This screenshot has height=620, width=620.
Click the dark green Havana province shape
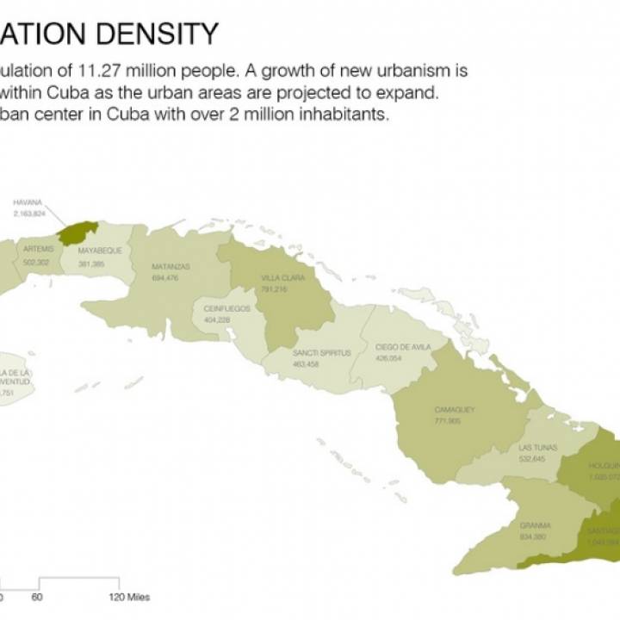tap(77, 232)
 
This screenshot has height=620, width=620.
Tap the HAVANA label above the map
tap(28, 202)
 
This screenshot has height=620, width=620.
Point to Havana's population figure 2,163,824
tap(28, 212)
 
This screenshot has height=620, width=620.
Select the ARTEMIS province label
tap(39, 249)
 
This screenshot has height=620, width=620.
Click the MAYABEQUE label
tap(100, 251)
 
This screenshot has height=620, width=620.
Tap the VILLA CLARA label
tap(279, 278)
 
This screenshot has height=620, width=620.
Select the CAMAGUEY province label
tap(455, 410)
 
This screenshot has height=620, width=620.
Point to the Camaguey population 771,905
tap(448, 421)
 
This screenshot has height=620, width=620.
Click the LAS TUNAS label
tap(538, 448)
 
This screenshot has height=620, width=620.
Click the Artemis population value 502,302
tap(36, 262)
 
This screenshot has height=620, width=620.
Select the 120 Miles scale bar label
tap(128, 597)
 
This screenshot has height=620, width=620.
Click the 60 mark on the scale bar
tap(37, 597)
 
